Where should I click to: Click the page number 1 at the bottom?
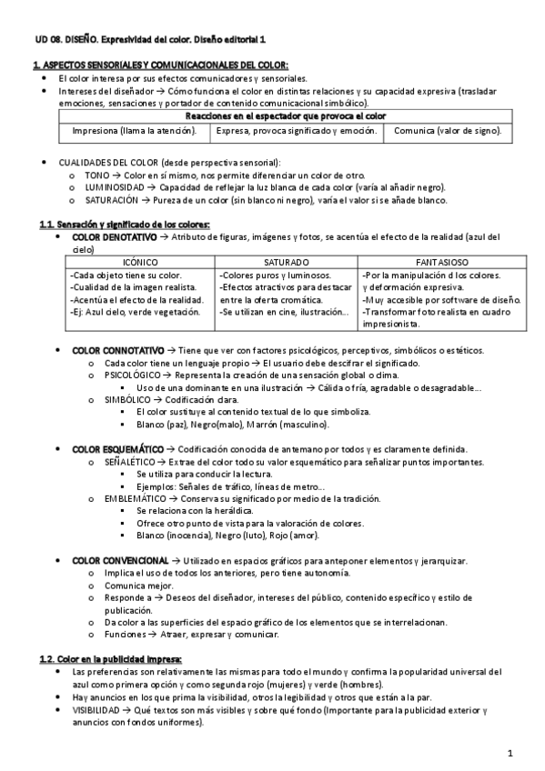(x=510, y=753)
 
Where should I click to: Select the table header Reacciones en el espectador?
(x=286, y=116)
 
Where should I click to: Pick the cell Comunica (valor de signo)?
(x=447, y=132)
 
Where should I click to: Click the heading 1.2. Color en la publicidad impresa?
(x=110, y=657)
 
